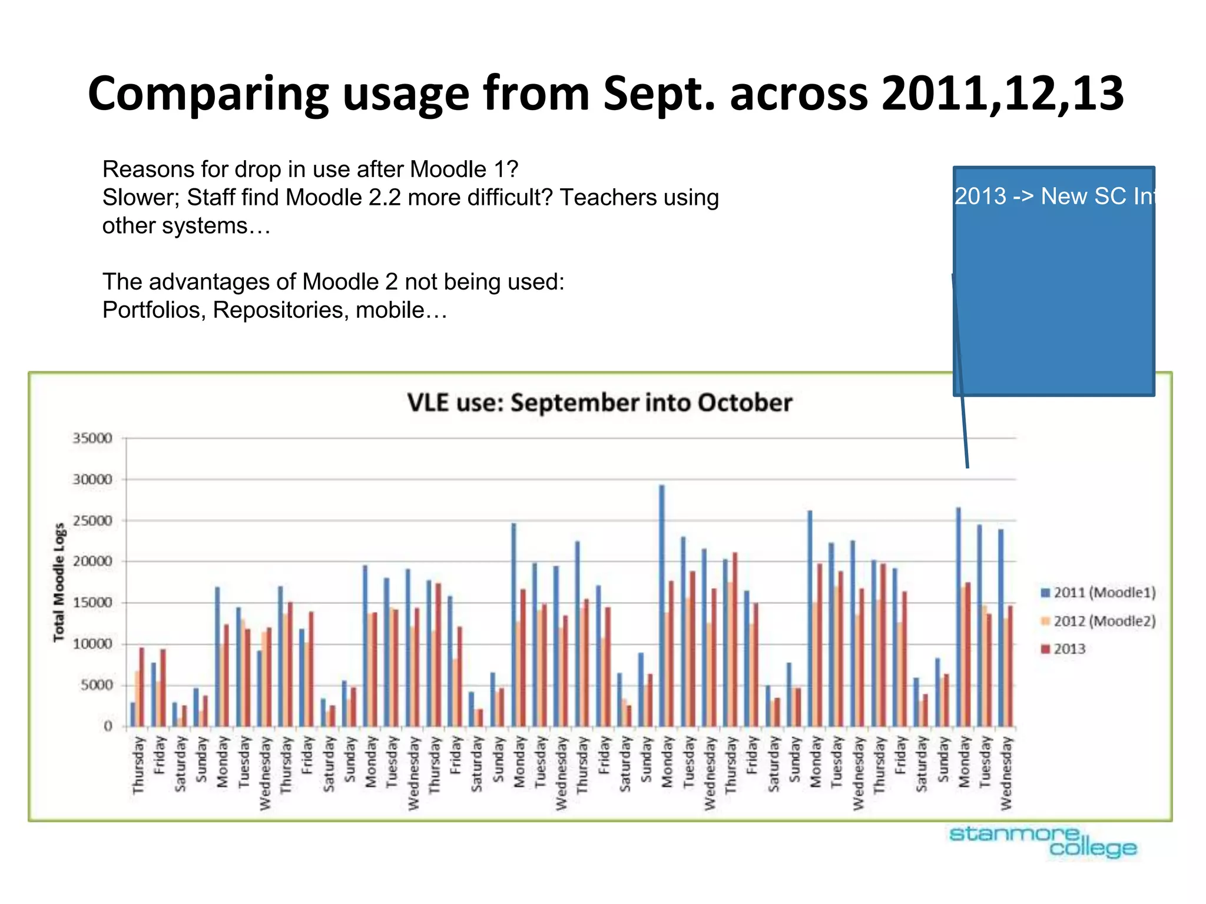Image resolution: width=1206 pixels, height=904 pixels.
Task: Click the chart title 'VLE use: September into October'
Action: (x=599, y=403)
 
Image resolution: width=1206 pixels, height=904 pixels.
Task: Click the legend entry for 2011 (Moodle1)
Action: (x=1098, y=593)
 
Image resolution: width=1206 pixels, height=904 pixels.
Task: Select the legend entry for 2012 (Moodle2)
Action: (x=1098, y=621)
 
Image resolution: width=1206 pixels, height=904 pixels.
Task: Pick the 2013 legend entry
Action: (x=1063, y=649)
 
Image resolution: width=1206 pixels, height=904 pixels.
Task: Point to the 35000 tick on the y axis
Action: (x=92, y=438)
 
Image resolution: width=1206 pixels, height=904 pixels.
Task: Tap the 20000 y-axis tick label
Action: (x=92, y=561)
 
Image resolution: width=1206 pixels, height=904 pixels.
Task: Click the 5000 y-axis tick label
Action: (x=94, y=685)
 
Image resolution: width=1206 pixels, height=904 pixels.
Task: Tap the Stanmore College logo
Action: (x=1043, y=841)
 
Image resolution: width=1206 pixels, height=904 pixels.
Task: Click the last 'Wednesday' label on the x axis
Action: (x=1006, y=773)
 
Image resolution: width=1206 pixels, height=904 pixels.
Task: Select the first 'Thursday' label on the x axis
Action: (x=138, y=765)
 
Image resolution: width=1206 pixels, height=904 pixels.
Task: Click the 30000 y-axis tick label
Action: (x=92, y=480)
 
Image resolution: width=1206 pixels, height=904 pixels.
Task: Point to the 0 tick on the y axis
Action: (x=108, y=726)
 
